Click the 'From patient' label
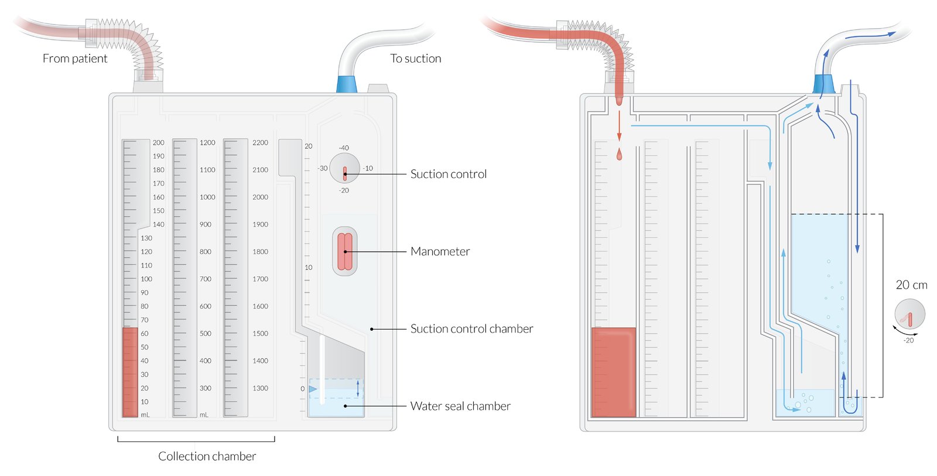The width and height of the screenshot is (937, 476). pyautogui.click(x=75, y=59)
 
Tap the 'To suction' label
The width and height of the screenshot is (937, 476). pyautogui.click(x=415, y=59)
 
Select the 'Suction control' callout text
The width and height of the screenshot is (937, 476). pyautogui.click(x=448, y=174)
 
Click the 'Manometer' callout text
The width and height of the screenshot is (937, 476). pyautogui.click(x=440, y=251)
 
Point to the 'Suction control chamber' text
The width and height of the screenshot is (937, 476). pyautogui.click(x=471, y=328)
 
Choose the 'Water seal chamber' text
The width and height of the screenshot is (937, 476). pyautogui.click(x=460, y=406)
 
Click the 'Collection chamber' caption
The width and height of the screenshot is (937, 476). pyautogui.click(x=207, y=456)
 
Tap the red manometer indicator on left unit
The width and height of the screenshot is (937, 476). pyautogui.click(x=345, y=252)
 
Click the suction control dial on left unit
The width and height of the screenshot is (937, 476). pyautogui.click(x=344, y=169)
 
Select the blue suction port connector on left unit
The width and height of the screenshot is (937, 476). pyautogui.click(x=347, y=84)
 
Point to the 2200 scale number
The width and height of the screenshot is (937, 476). pyautogui.click(x=260, y=142)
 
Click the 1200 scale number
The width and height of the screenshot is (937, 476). pyautogui.click(x=207, y=142)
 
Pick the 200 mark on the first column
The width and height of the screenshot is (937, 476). pyautogui.click(x=158, y=142)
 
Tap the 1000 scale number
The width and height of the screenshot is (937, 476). pyautogui.click(x=207, y=197)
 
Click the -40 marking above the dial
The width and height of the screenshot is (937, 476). pyautogui.click(x=344, y=148)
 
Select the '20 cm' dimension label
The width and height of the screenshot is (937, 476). pyautogui.click(x=911, y=285)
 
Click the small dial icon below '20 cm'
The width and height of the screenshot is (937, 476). pyautogui.click(x=909, y=314)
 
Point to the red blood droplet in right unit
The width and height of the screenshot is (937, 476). pyautogui.click(x=619, y=155)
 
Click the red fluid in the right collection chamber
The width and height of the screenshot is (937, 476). pyautogui.click(x=614, y=372)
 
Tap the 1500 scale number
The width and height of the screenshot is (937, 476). pyautogui.click(x=260, y=334)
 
